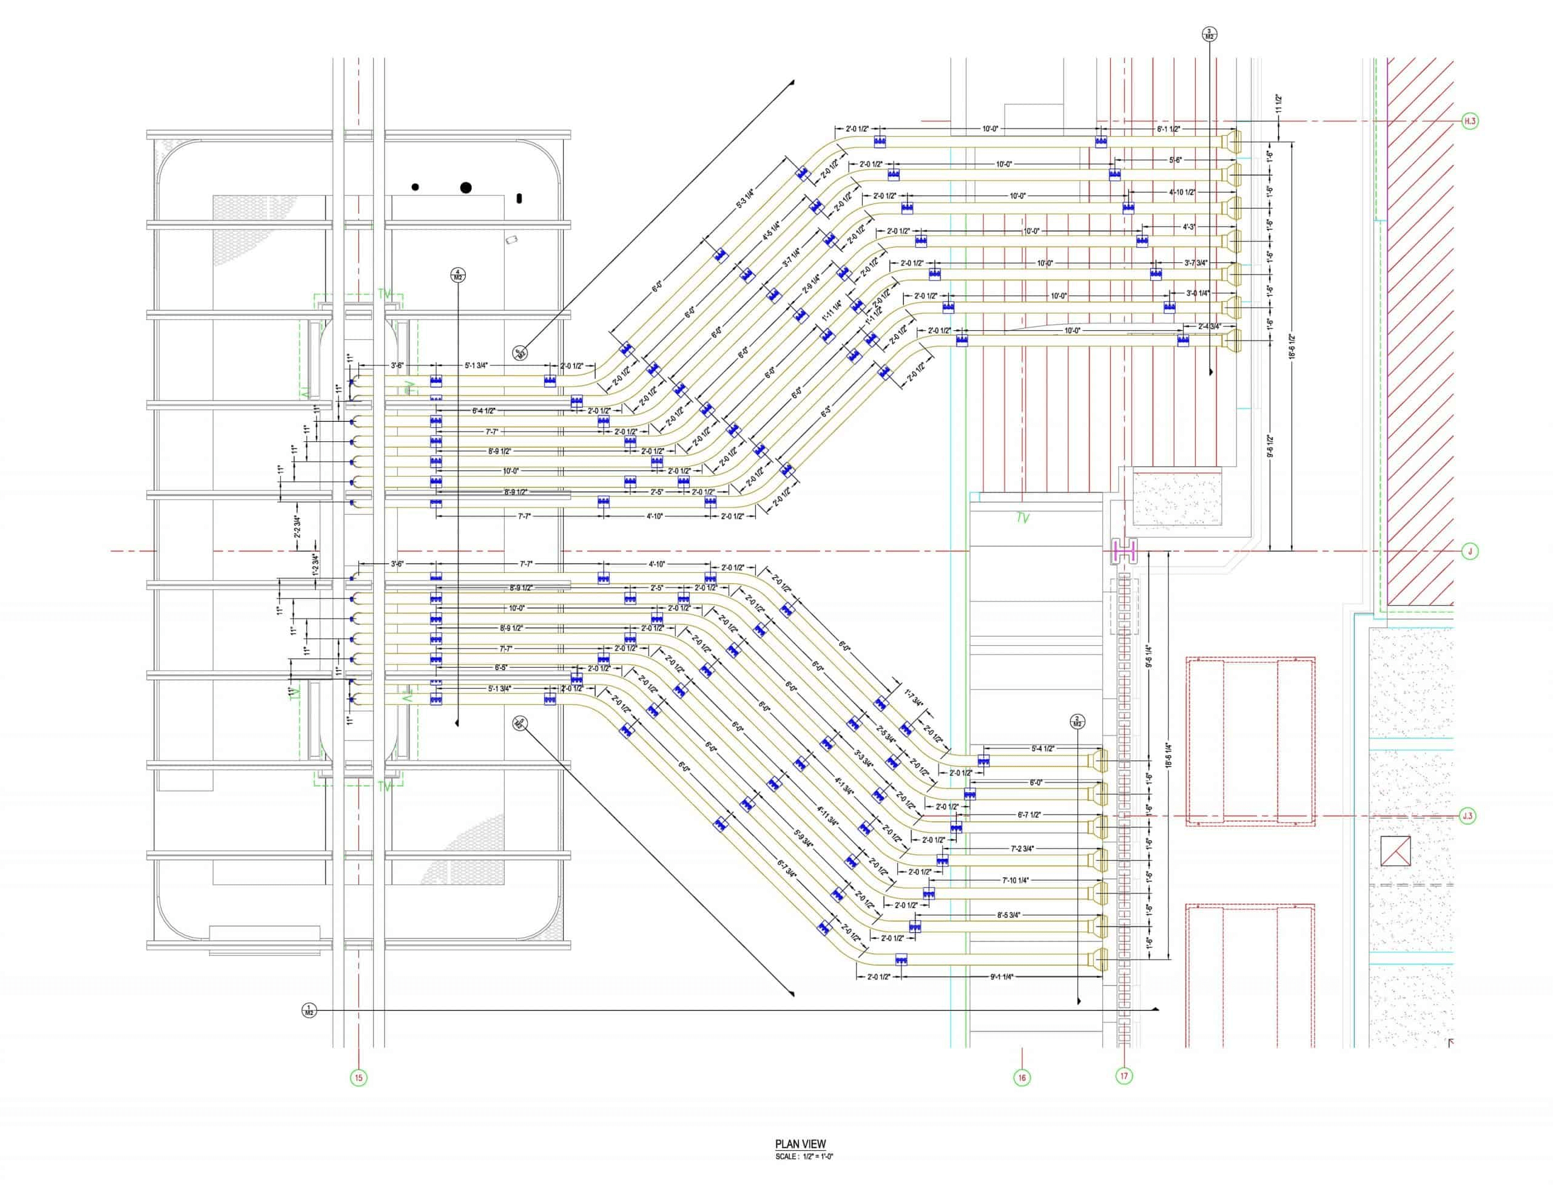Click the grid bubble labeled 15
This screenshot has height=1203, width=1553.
coord(359,1078)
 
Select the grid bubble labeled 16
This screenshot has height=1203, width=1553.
coord(1022,1078)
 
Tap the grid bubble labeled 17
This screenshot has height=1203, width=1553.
coord(1123,1076)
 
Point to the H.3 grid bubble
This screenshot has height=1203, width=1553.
coord(1470,121)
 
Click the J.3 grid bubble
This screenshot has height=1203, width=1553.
coord(1467,816)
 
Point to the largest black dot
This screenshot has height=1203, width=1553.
coord(466,188)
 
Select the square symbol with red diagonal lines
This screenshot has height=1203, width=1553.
coord(1395,851)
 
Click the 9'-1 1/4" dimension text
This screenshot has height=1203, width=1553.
coord(1001,977)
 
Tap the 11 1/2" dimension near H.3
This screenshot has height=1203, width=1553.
coord(1279,104)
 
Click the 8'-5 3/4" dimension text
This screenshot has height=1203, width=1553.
coord(1008,915)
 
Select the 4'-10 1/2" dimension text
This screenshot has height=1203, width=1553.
coord(1182,192)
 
